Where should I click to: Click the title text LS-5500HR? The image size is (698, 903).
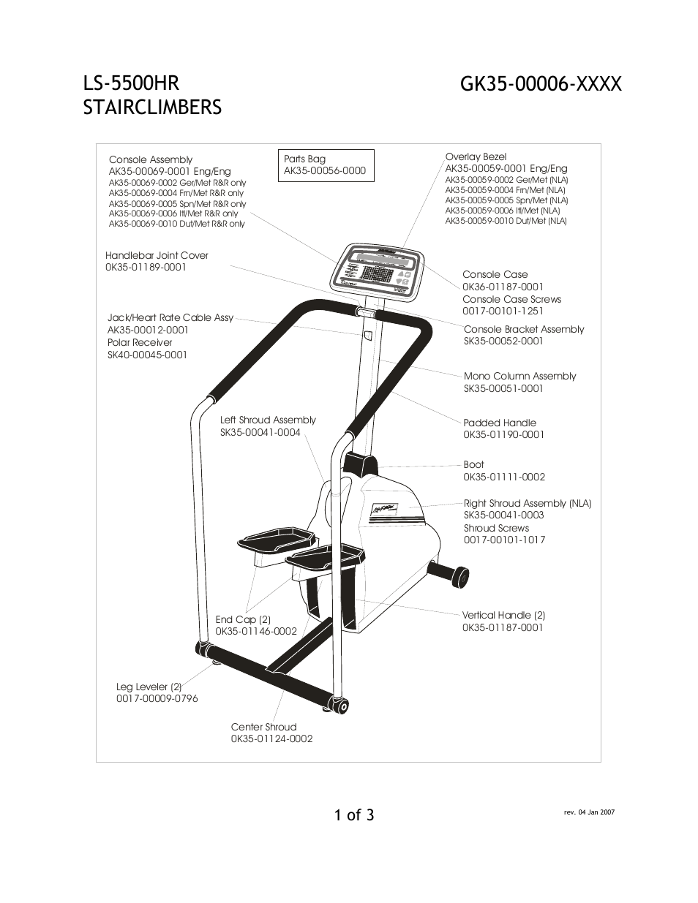tap(131, 83)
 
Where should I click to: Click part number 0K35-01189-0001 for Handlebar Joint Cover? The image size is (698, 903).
tap(146, 268)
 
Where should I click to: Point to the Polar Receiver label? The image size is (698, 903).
tap(140, 342)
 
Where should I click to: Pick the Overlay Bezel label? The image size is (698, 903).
tap(476, 156)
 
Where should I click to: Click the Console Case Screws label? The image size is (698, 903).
tap(511, 299)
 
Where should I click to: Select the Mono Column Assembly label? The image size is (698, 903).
tap(519, 376)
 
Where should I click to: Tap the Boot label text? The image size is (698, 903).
tap(473, 464)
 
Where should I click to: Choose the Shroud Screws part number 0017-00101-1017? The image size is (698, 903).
tap(504, 540)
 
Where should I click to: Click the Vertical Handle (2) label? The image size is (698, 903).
tap(503, 615)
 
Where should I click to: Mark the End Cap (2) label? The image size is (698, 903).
tap(243, 619)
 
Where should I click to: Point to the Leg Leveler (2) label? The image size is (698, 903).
tap(149, 687)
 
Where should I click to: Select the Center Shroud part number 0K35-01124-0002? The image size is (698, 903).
tap(271, 738)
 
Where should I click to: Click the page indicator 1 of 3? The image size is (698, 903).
tap(354, 815)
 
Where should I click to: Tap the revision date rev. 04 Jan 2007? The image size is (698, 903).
tap(589, 812)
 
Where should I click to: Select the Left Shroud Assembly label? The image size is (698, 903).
tap(268, 420)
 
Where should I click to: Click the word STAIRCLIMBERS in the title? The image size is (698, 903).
tap(152, 107)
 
